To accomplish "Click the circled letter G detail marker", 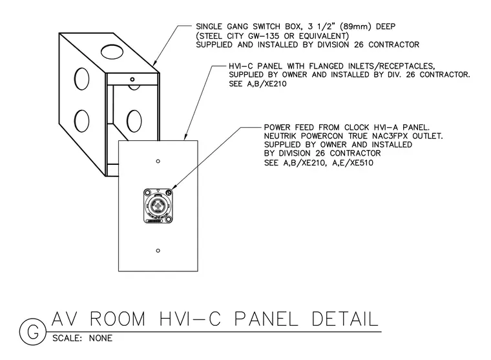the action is tap(33, 332).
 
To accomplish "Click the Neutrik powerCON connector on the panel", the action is tap(158, 206).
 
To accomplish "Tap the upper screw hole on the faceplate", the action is tap(158, 161).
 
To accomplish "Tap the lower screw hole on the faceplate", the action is tap(158, 251).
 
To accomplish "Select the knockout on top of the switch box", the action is tap(112, 52).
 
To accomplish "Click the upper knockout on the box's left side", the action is tap(81, 79).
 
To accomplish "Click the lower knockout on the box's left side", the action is tap(81, 121).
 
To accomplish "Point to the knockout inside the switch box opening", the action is tap(134, 121).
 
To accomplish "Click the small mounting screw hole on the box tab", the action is tap(132, 79).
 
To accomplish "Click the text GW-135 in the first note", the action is tap(263, 36).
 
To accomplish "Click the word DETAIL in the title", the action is tap(344, 319).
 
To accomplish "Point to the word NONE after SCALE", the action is tap(101, 339).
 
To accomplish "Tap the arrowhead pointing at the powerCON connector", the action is tap(174, 186).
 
